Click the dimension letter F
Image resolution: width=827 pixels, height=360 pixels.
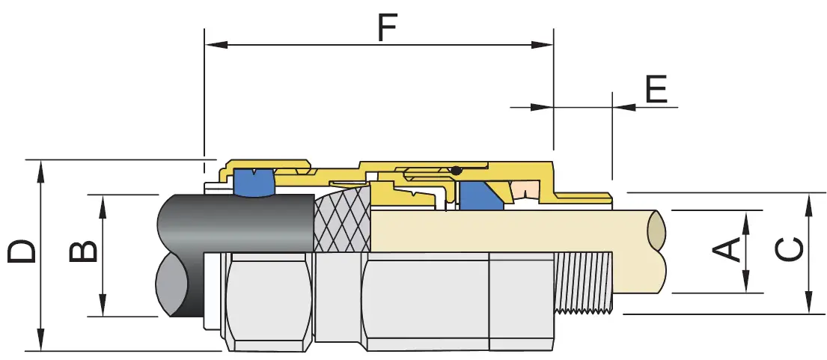pos(385,28)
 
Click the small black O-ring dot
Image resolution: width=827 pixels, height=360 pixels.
pos(456,171)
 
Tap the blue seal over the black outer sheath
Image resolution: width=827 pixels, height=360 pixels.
pos(254,183)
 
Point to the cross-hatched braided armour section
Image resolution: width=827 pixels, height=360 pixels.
pos(341,219)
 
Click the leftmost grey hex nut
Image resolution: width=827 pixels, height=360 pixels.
pos(267,299)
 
